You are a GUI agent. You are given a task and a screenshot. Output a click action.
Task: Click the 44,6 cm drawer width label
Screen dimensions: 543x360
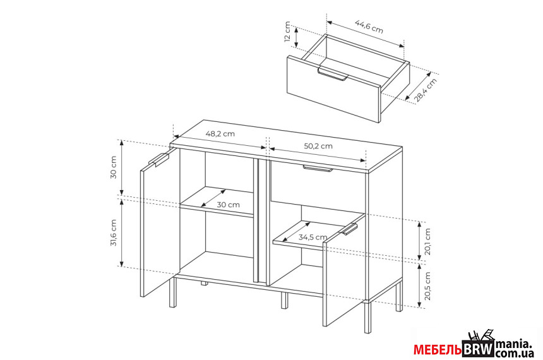coord(369,27)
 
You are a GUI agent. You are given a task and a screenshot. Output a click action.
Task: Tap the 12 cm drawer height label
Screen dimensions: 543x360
coord(287,32)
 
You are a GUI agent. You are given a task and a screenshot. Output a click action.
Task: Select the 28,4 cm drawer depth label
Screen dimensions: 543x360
coord(426,90)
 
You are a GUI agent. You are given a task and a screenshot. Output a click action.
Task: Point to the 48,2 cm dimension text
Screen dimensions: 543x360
coord(220,134)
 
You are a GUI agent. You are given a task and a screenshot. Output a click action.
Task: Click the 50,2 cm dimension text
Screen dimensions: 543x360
coord(318,146)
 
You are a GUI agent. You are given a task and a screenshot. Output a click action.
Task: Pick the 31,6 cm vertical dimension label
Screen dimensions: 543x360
coord(113,233)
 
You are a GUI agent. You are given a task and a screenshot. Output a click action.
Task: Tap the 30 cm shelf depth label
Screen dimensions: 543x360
coord(228,205)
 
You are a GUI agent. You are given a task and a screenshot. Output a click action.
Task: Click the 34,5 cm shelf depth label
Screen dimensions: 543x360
coord(313,237)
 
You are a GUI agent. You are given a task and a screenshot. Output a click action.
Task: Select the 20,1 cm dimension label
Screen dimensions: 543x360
coord(427,241)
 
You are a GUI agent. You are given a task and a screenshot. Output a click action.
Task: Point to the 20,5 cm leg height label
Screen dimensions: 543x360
coord(427,286)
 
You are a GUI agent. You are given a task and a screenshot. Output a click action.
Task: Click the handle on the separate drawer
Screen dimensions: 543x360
coord(333,74)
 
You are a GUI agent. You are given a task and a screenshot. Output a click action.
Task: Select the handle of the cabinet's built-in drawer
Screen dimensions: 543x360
coord(318,169)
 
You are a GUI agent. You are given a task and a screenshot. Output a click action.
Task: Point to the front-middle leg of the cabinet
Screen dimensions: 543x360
coord(284,301)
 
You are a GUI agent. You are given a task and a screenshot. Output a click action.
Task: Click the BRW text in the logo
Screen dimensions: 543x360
coord(478,349)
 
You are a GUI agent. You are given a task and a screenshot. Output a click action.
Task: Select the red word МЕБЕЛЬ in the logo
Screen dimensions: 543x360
coord(438,350)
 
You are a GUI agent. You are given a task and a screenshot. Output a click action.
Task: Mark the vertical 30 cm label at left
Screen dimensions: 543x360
coord(113,167)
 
